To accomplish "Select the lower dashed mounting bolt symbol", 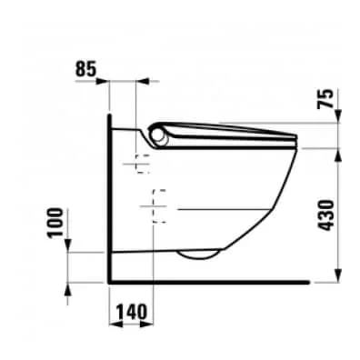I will click(x=158, y=205).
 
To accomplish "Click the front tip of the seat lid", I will click(x=298, y=139).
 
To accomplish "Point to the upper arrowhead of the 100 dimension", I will click(x=72, y=248).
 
